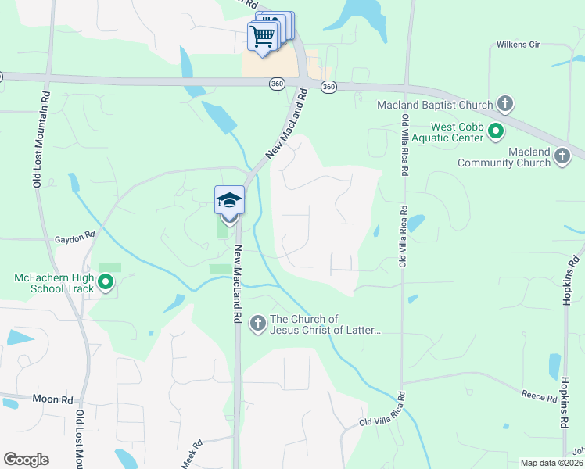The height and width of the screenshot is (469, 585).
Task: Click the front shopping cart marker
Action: click(263, 35)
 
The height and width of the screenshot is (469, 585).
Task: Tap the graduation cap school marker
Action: click(229, 201)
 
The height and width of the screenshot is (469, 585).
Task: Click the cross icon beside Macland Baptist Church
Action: click(505, 104)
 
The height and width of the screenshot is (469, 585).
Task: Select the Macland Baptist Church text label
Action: click(435, 105)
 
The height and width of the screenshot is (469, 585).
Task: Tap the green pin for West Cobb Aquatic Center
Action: click(495, 131)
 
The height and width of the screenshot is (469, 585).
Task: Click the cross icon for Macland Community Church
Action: click(562, 156)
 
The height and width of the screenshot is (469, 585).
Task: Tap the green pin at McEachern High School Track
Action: click(106, 281)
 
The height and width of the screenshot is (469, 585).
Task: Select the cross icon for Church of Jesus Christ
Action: click(258, 324)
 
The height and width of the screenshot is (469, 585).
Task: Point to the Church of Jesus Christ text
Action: click(325, 324)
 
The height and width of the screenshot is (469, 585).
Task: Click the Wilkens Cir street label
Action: click(518, 45)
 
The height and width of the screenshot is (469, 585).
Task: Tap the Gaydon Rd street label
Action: click(74, 234)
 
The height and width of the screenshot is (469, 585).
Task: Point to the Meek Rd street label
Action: click(192, 453)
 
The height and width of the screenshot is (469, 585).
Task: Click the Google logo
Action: click(26, 460)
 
